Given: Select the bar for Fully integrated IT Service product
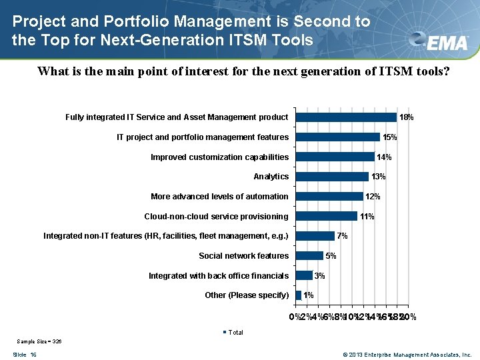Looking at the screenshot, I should click(346, 117).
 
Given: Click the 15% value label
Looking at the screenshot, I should click(390, 137).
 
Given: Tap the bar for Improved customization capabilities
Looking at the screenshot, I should click(335, 157).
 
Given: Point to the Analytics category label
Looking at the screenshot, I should click(271, 177).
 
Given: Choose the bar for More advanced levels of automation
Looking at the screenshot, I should click(329, 197).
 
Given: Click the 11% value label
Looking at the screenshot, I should click(367, 217).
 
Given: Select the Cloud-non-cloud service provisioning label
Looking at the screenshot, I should click(216, 217).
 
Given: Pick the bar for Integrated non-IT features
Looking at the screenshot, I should click(315, 236).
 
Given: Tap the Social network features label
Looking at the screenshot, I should click(243, 256).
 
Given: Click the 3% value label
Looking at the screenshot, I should click(320, 276).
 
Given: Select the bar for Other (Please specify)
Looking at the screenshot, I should click(298, 295).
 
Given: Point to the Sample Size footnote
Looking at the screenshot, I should click(39, 341).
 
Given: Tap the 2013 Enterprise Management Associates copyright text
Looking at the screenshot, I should click(407, 355).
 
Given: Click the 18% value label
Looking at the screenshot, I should click(407, 117).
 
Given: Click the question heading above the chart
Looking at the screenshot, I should click(243, 71).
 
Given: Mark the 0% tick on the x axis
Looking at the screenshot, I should click(294, 317).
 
